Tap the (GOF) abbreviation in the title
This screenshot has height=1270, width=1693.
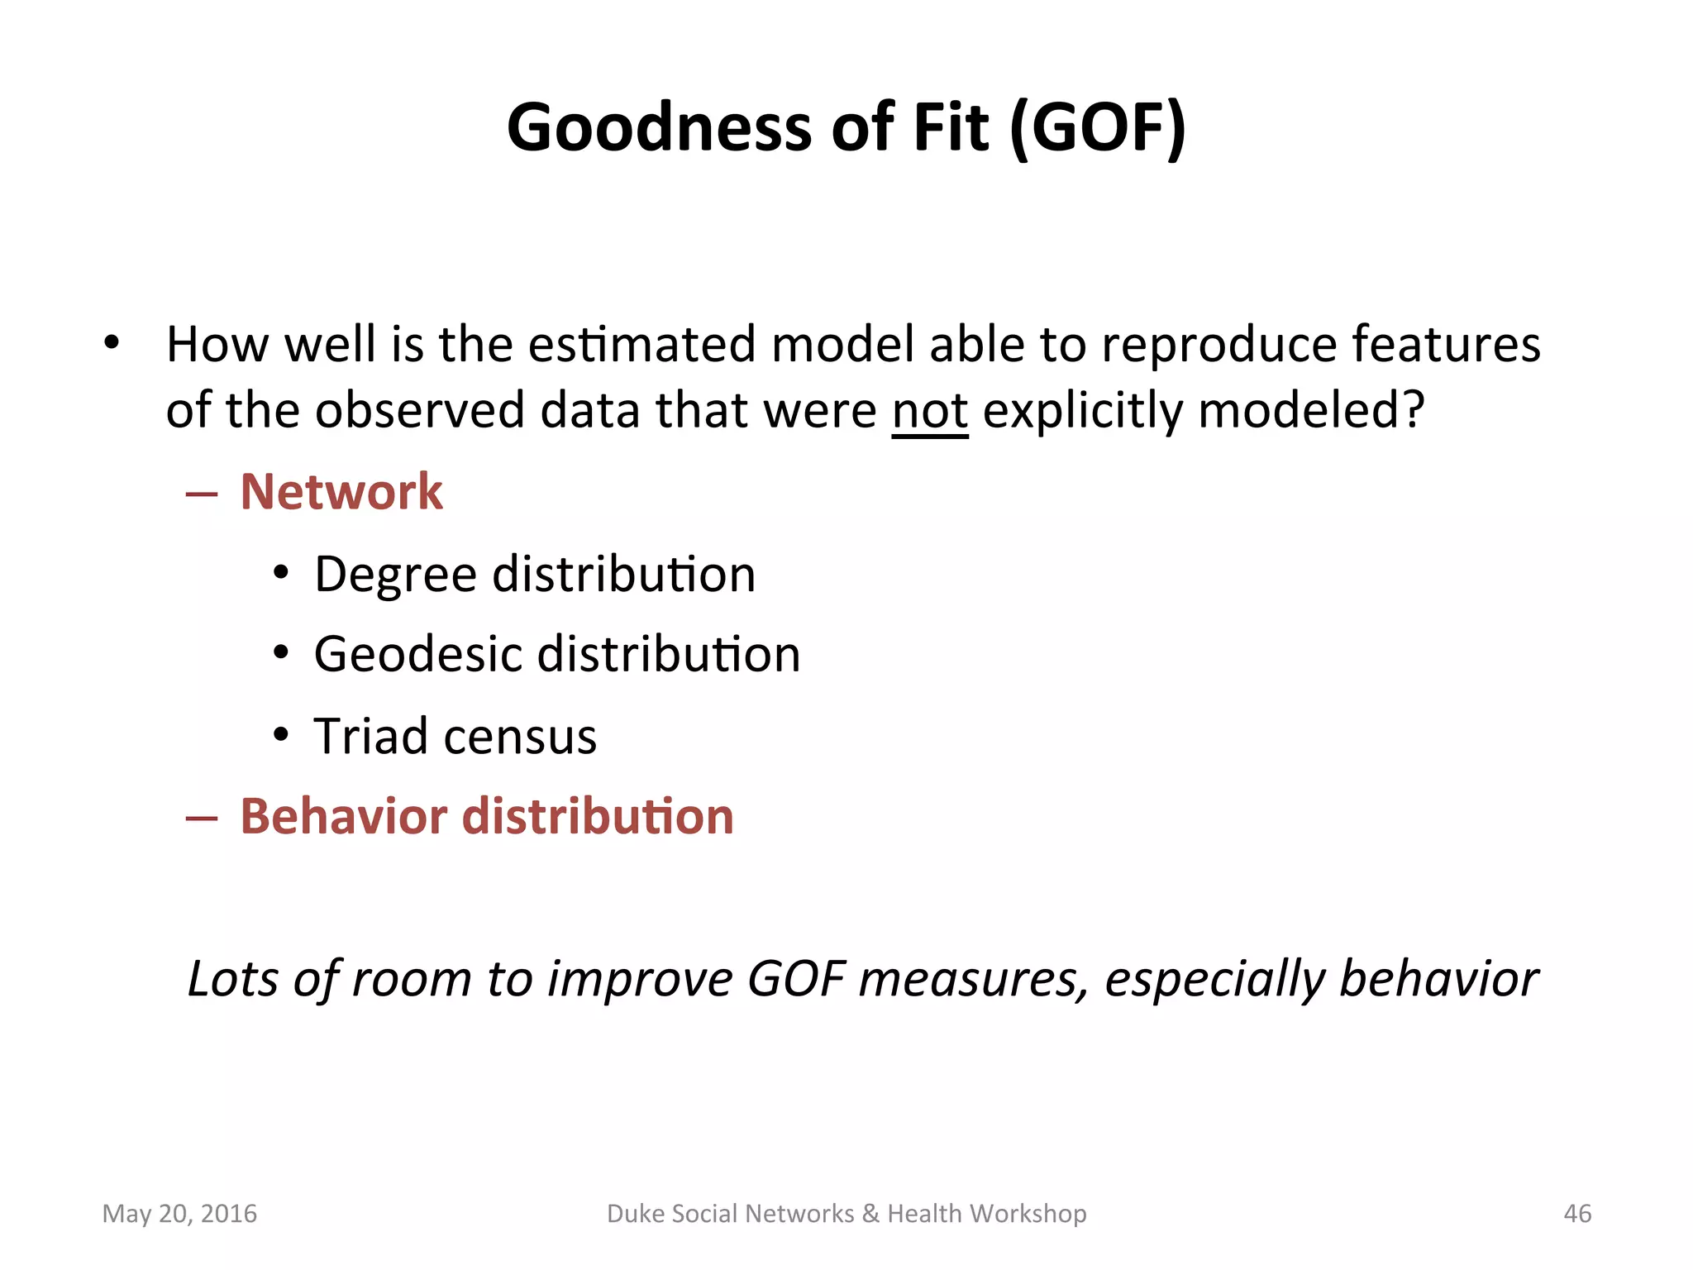(x=1098, y=128)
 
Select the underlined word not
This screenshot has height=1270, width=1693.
(x=929, y=411)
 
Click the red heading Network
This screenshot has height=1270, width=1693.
(x=341, y=492)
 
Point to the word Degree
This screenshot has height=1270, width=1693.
(x=395, y=575)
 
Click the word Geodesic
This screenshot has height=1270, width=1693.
(x=417, y=655)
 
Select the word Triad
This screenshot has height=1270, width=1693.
(x=370, y=736)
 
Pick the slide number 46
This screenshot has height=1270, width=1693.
(x=1577, y=1213)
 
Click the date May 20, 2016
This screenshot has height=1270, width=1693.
(x=179, y=1213)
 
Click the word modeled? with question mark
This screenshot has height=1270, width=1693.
(x=1311, y=411)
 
